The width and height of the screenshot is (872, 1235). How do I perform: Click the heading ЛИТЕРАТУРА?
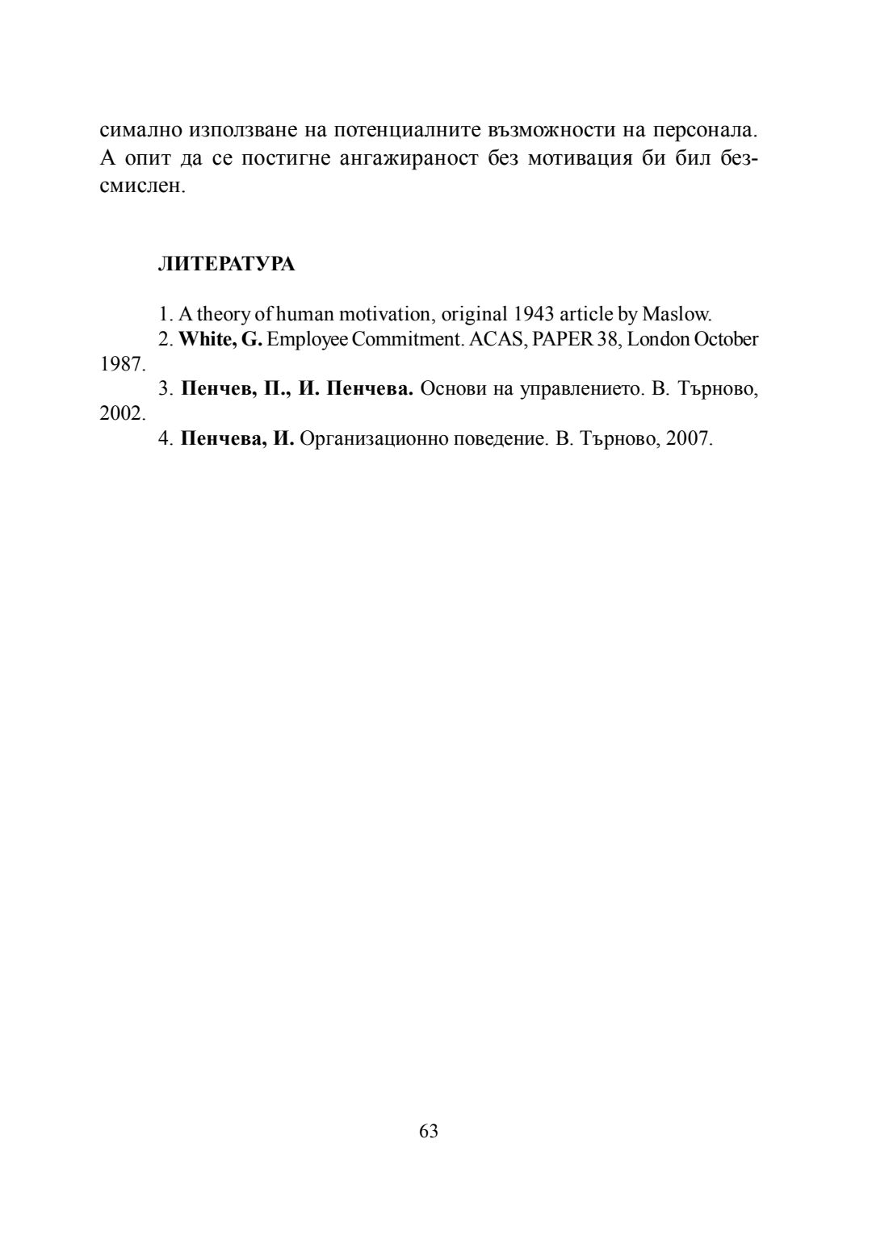tap(226, 265)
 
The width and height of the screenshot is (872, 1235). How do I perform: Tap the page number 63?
tap(429, 1131)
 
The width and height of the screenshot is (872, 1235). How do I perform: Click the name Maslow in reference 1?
tap(676, 314)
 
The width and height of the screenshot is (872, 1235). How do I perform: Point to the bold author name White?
tap(207, 339)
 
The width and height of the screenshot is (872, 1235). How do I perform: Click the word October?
tap(726, 339)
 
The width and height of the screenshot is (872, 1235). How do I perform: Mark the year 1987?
tap(121, 365)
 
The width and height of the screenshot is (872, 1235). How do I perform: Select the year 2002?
tap(121, 415)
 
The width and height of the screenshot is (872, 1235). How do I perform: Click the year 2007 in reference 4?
tap(688, 440)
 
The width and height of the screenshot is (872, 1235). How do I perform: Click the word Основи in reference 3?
tap(452, 390)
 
